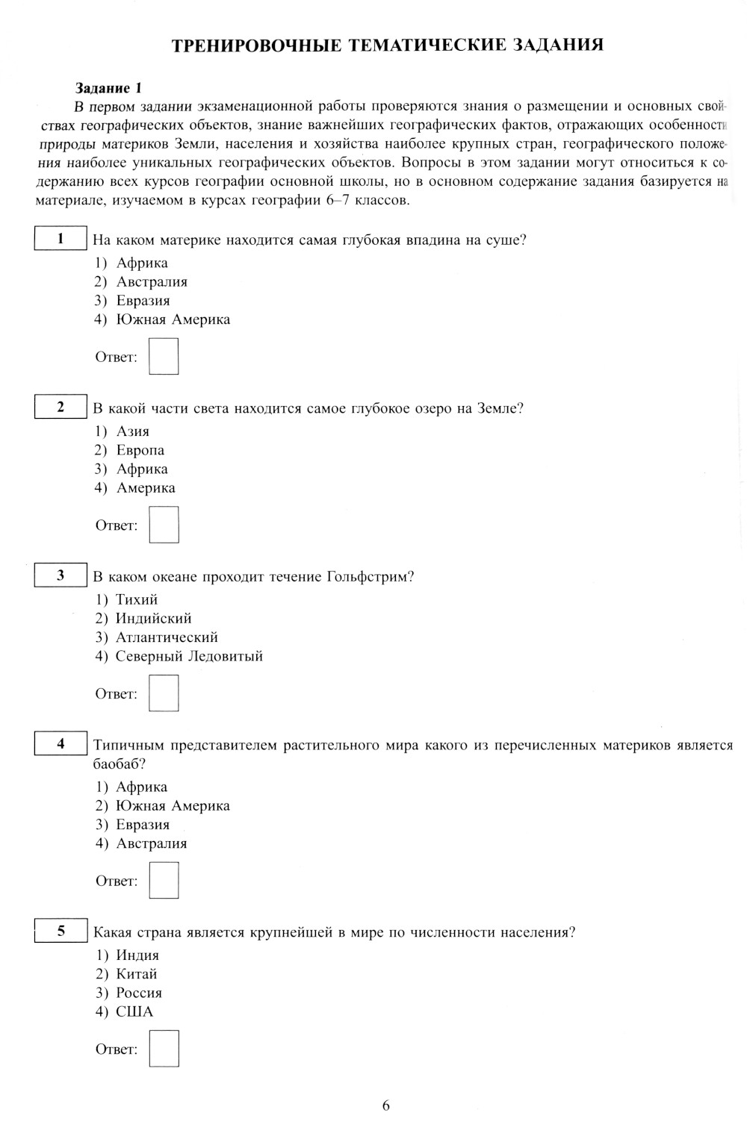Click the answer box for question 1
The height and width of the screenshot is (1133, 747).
pyautogui.click(x=164, y=356)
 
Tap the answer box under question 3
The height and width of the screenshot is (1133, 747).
pyautogui.click(x=164, y=693)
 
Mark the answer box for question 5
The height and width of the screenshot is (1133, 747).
pyautogui.click(x=164, y=1048)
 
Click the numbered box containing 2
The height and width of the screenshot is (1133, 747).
pyautogui.click(x=61, y=407)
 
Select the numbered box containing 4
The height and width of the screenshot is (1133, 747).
pyautogui.click(x=61, y=743)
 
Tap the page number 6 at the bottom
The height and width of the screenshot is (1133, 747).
pyautogui.click(x=385, y=1105)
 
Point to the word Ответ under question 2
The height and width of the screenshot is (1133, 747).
pyautogui.click(x=116, y=525)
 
